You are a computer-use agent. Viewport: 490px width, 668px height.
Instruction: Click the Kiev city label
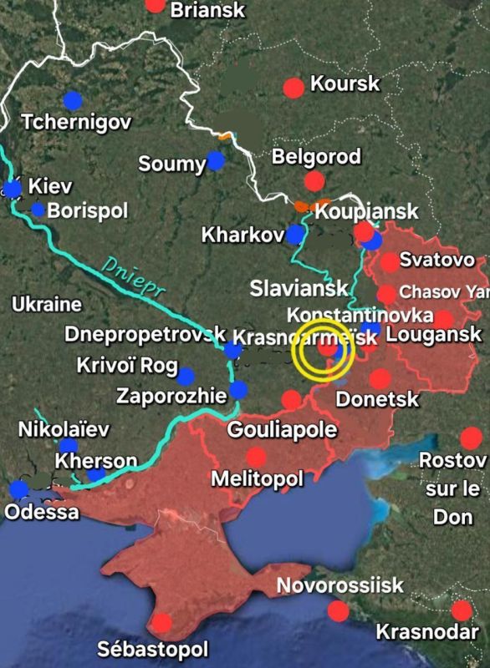50,186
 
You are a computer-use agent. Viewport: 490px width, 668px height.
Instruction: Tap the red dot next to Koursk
293,88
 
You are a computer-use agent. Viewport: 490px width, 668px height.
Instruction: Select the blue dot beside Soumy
217,160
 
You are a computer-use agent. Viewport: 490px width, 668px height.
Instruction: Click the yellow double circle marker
324,351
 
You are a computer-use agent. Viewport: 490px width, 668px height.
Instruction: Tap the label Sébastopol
153,649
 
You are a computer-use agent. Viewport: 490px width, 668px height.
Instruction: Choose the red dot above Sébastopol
162,622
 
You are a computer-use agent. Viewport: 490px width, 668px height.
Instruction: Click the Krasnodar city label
427,631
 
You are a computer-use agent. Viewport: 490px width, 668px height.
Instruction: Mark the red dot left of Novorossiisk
338,611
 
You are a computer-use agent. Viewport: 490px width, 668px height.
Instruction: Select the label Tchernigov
76,122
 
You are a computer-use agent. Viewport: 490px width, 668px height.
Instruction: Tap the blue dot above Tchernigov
73,100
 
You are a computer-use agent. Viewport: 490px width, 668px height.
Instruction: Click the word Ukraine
46,305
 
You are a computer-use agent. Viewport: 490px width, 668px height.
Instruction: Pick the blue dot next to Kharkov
295,235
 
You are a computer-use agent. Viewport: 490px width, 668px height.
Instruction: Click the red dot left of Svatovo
390,262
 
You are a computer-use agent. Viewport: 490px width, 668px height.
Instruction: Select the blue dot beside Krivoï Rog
185,377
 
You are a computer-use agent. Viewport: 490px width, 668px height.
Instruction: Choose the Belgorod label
317,156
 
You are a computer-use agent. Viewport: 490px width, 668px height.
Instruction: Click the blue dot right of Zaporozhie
239,390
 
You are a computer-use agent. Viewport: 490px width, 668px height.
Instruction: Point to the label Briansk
208,10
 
